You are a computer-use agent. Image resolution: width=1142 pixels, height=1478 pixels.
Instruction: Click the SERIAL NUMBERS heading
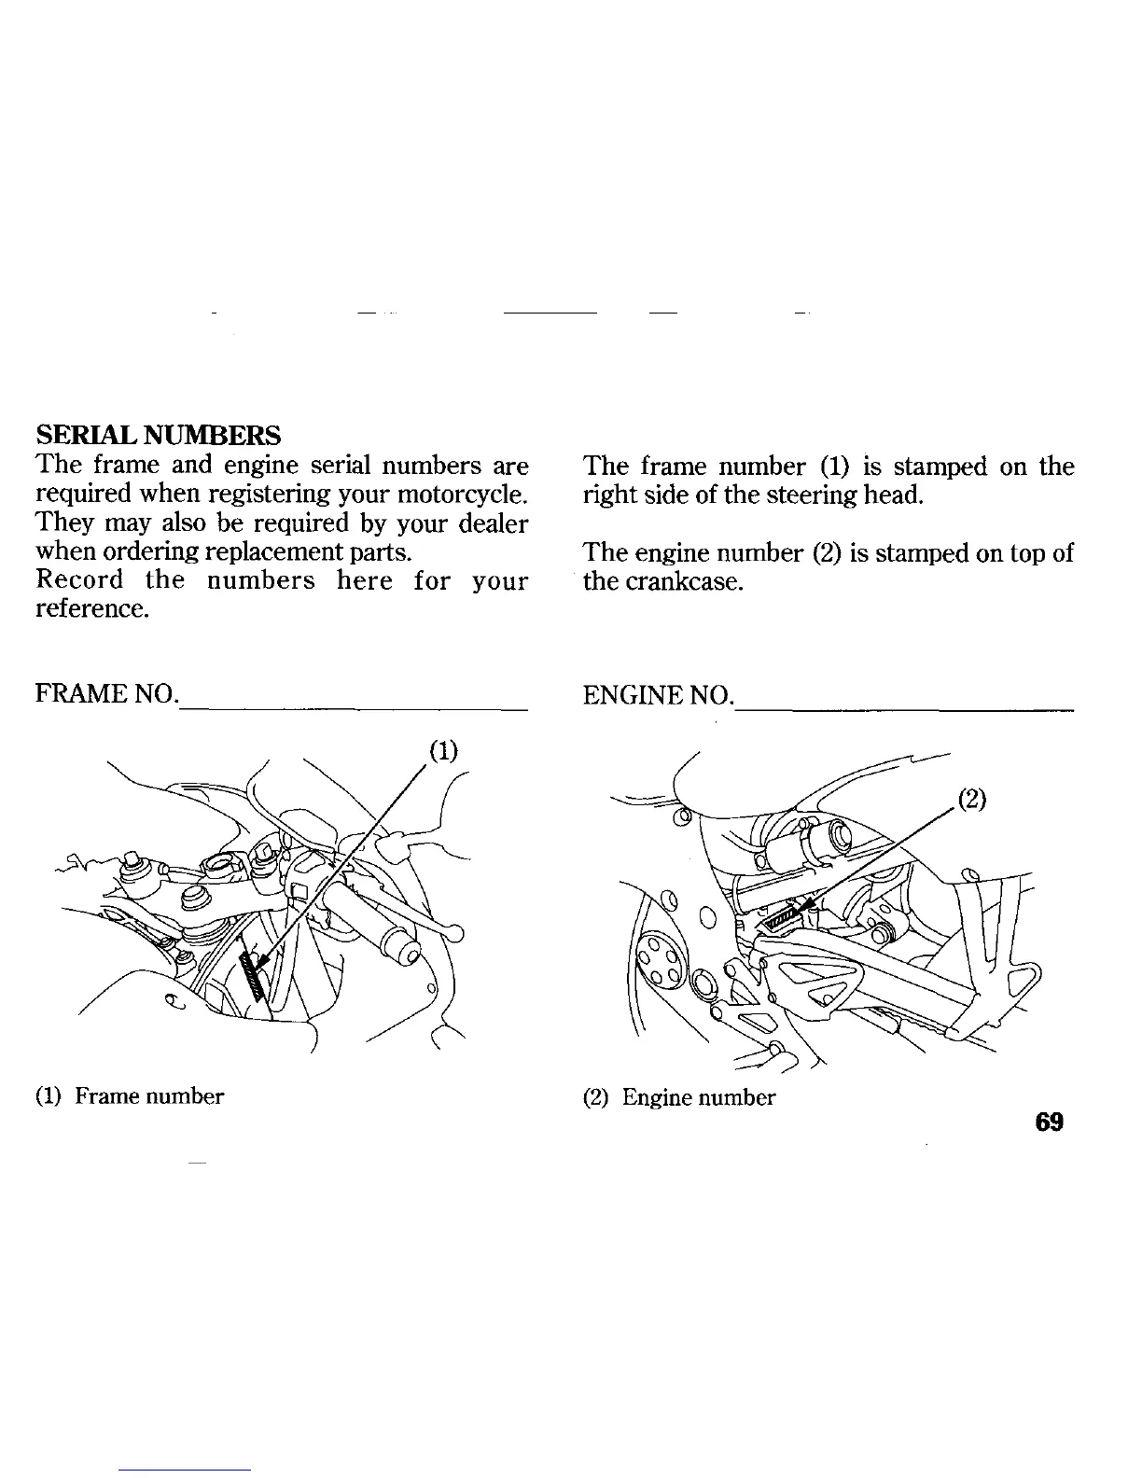pyautogui.click(x=158, y=435)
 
